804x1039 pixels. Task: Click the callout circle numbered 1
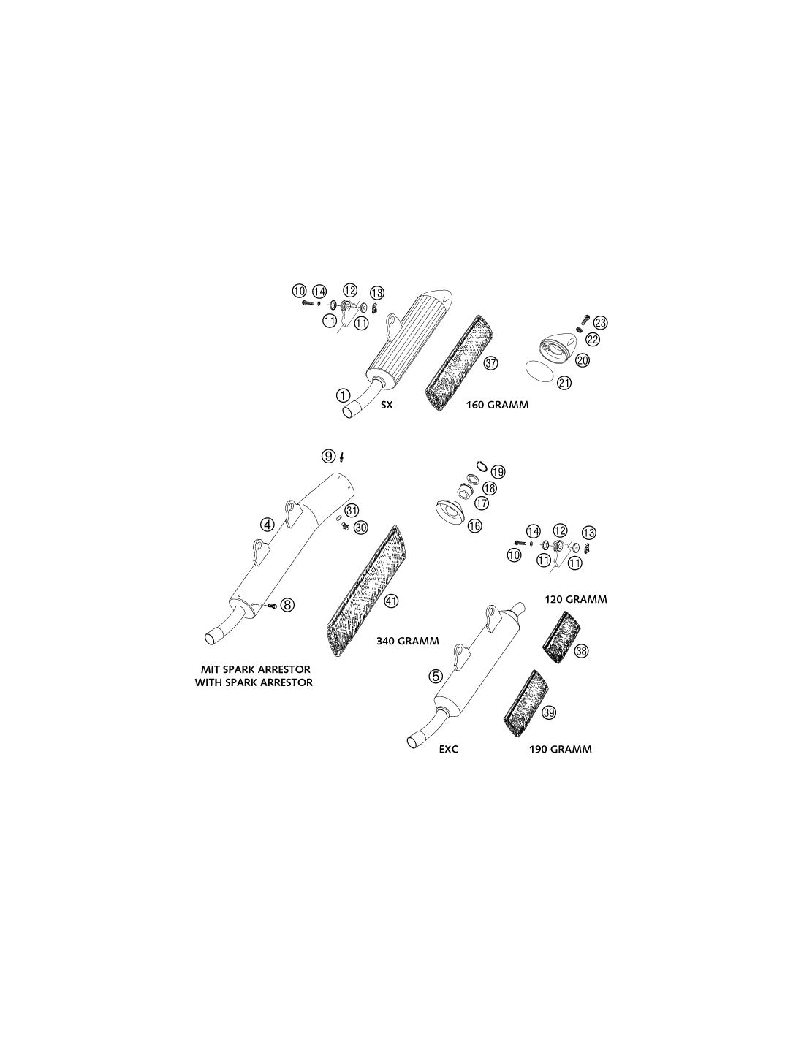(343, 395)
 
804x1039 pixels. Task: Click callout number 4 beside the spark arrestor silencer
(267, 525)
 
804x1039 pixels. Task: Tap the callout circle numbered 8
(287, 605)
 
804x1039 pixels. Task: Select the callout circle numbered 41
(391, 601)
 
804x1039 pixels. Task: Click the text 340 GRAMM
(408, 642)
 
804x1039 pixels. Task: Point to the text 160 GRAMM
(498, 405)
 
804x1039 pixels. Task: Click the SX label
(387, 405)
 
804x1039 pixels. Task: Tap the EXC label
(449, 749)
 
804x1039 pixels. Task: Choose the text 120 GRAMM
(576, 600)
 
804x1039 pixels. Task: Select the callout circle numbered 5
(436, 676)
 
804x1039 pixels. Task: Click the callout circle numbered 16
(474, 526)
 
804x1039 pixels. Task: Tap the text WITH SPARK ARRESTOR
(254, 682)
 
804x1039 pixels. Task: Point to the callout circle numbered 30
(360, 528)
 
